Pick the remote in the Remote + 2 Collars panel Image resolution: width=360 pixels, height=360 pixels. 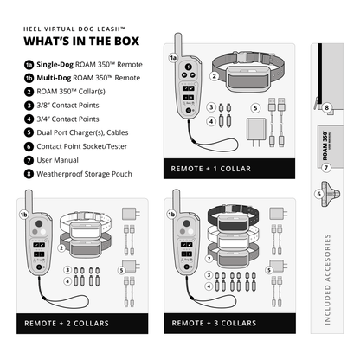(x=40, y=246)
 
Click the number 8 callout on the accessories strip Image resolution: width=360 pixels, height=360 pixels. (x=328, y=108)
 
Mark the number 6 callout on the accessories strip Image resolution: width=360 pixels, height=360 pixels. (x=319, y=195)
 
